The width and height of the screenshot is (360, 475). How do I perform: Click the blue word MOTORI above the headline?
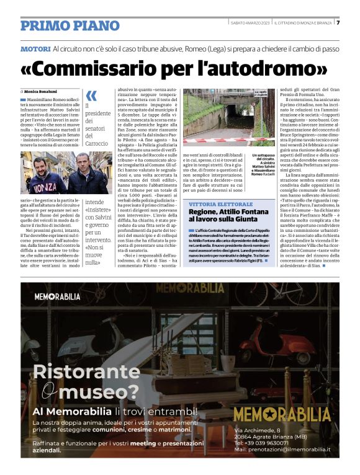(35, 48)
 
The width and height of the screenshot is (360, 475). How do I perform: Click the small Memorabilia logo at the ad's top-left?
(57, 297)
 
